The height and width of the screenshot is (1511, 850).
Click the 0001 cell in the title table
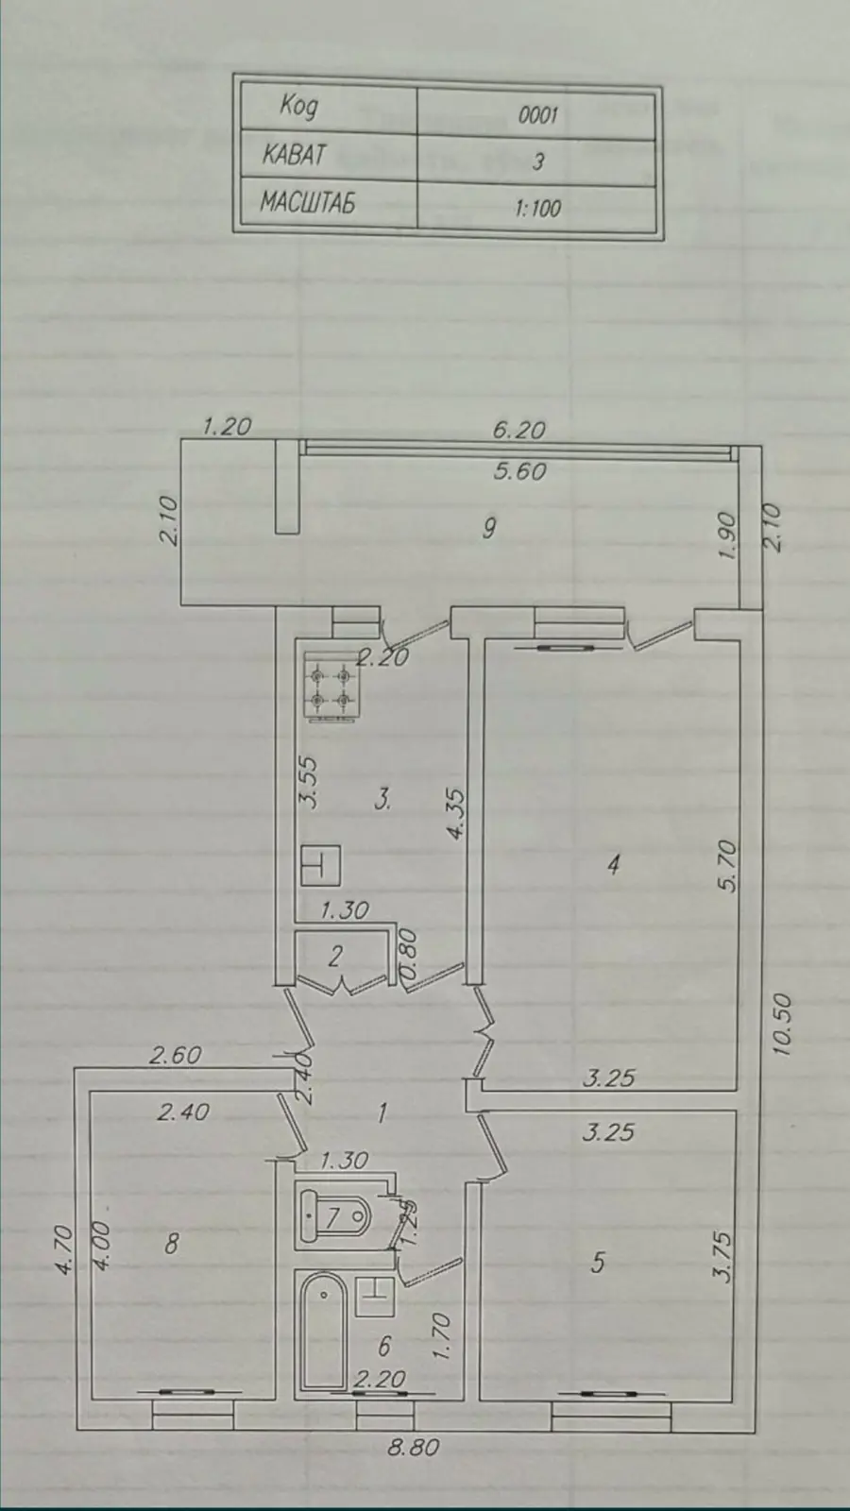[537, 114]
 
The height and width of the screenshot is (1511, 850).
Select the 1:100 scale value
[537, 208]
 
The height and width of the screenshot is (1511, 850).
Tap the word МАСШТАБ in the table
[308, 202]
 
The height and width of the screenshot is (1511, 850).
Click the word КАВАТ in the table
[294, 155]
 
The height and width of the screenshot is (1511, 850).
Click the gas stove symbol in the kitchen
[330, 686]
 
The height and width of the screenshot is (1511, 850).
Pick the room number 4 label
[613, 865]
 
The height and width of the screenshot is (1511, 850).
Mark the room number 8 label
[172, 1243]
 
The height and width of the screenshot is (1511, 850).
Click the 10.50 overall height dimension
[782, 1025]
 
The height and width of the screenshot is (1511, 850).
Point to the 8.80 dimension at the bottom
[413, 1448]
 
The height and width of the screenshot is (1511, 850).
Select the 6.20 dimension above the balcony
[518, 430]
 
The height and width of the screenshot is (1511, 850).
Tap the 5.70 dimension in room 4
[731, 866]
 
